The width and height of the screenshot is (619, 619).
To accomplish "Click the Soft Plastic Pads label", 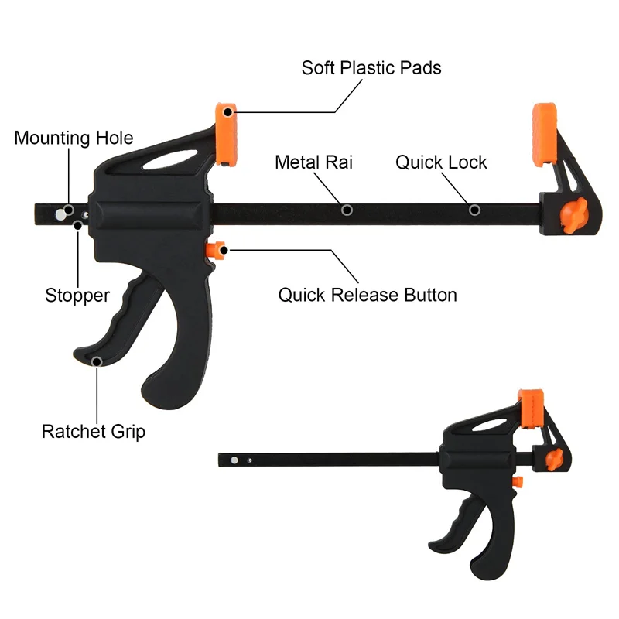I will [x=371, y=68].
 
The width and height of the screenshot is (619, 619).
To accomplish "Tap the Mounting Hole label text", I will [x=74, y=139].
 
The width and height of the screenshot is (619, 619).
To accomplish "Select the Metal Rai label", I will [x=314, y=162].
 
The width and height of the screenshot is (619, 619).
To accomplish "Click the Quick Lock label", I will [x=441, y=162].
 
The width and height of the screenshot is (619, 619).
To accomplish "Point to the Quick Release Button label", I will [x=368, y=295].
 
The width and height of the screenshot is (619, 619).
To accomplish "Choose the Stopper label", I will [x=77, y=295].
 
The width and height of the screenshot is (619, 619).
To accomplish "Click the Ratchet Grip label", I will [x=93, y=431].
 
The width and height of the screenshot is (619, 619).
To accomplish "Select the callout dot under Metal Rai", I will [x=347, y=210].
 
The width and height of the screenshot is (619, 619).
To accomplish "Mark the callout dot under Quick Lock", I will [x=474, y=210].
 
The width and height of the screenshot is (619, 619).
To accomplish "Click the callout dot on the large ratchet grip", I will [x=97, y=361].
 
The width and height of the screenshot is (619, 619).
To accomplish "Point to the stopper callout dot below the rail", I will [x=78, y=224].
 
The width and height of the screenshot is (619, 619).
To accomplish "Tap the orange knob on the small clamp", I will [x=552, y=460].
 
